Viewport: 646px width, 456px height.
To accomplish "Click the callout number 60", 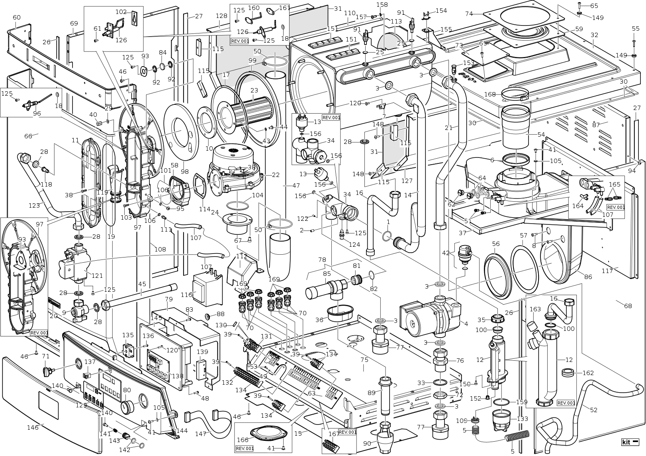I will [x=16, y=18].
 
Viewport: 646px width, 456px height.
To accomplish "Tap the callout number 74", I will [x=469, y=14].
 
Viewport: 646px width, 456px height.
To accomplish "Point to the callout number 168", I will [x=490, y=94].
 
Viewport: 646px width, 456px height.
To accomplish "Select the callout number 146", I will [x=33, y=427].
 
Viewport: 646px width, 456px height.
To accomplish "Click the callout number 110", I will [x=350, y=13].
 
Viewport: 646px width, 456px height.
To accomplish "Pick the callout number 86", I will [x=588, y=277].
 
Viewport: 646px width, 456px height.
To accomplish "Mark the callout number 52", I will [x=593, y=409].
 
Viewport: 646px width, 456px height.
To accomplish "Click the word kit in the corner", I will [x=626, y=442].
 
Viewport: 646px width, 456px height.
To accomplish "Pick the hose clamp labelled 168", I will [x=514, y=94].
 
